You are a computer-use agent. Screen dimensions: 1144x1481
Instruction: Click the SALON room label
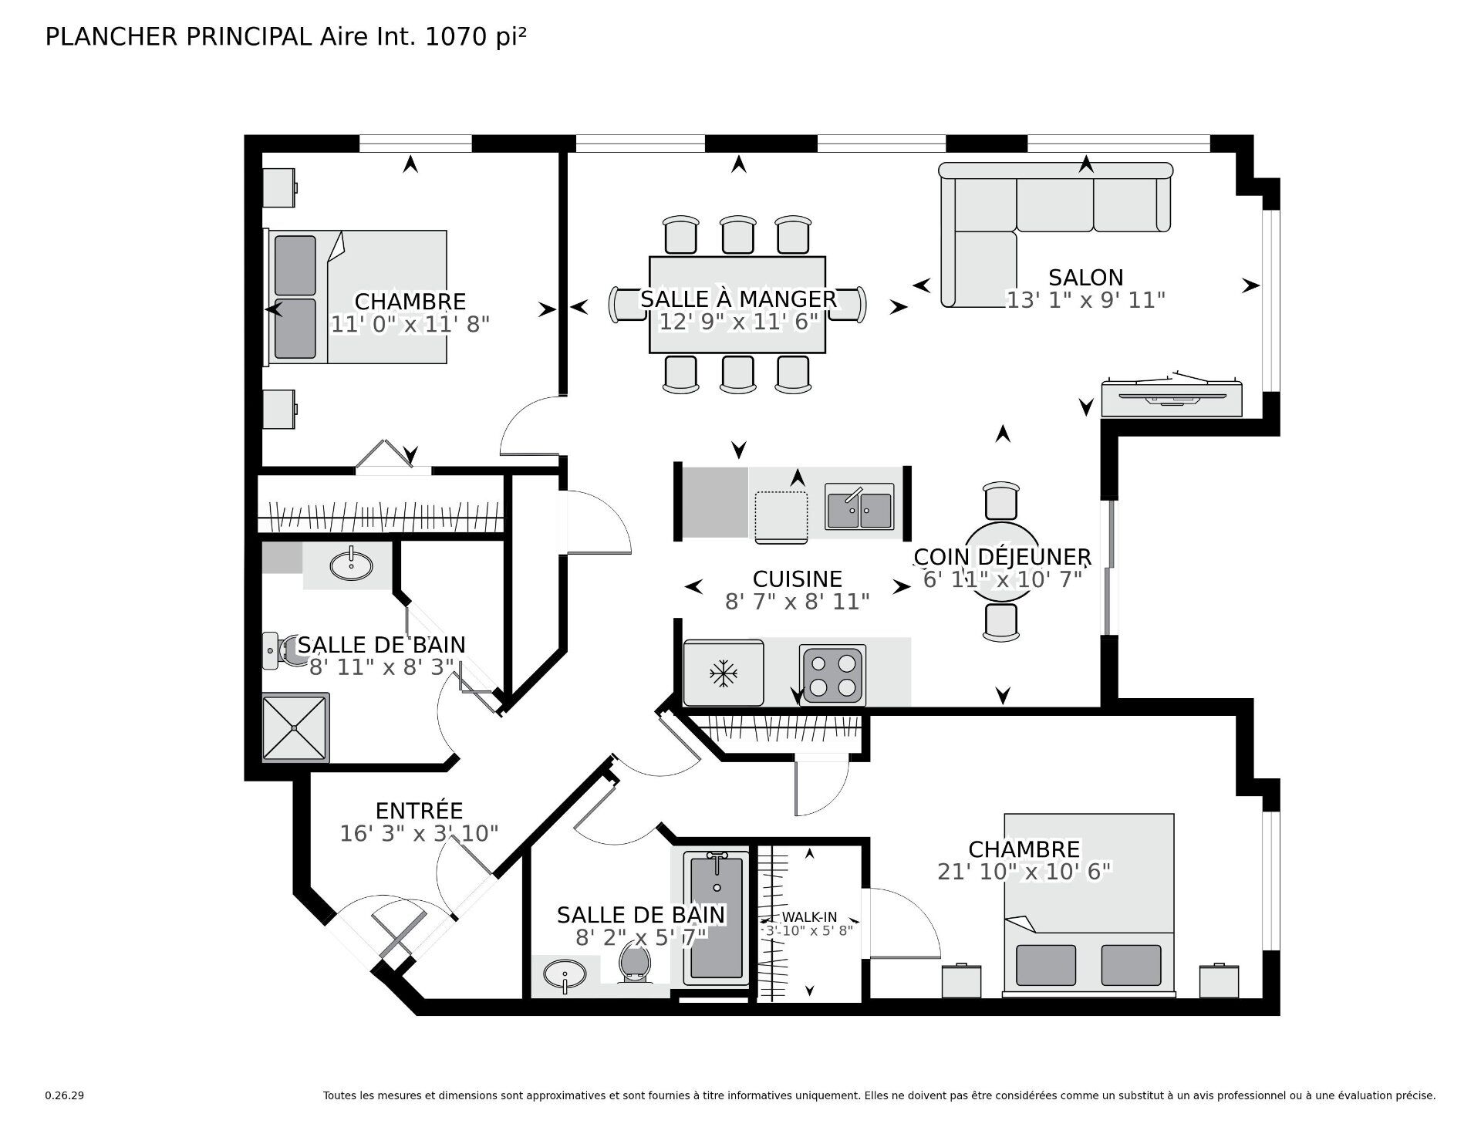tap(1085, 278)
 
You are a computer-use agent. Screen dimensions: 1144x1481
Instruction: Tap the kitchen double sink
tap(859, 507)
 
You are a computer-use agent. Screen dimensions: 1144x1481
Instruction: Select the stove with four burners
tap(832, 675)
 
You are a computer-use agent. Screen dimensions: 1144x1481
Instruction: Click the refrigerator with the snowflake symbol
tap(723, 673)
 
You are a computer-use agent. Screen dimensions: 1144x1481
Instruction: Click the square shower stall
tap(295, 727)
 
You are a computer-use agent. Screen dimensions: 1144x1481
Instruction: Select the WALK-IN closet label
tap(809, 917)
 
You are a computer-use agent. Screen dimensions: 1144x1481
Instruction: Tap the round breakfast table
tap(1001, 563)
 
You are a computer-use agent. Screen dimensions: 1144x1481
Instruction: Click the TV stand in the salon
tap(1171, 398)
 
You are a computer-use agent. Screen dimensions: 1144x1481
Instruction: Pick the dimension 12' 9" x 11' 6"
tap(738, 322)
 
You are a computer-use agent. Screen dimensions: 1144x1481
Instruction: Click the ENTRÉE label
tap(419, 811)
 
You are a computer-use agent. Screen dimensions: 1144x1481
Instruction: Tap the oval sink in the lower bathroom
tap(565, 975)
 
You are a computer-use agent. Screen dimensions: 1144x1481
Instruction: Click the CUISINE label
tap(797, 579)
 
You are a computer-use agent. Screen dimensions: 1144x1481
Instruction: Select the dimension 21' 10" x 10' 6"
tap(1024, 872)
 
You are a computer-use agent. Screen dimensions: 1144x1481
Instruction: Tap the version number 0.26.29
tap(64, 1095)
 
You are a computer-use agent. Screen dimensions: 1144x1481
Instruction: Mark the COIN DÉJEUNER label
tap(1002, 556)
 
